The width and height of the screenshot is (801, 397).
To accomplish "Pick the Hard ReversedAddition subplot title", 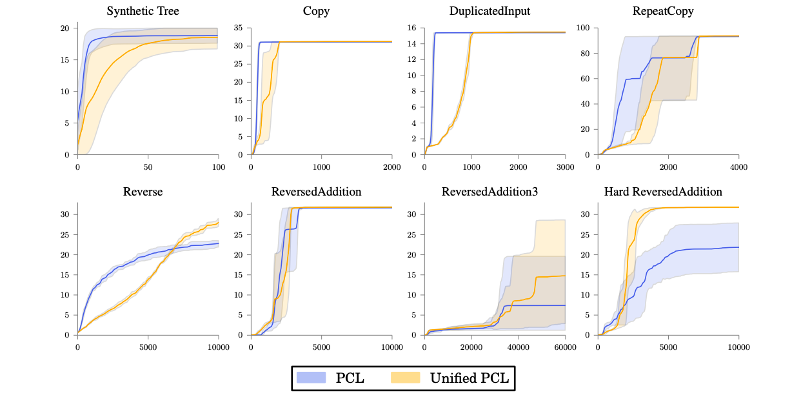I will pyautogui.click(x=663, y=192).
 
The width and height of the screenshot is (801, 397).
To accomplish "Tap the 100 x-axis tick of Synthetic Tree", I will pyautogui.click(x=218, y=166).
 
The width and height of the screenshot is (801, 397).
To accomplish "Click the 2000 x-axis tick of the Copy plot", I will pyautogui.click(x=392, y=166).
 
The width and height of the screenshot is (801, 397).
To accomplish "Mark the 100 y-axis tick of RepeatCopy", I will pyautogui.click(x=584, y=28).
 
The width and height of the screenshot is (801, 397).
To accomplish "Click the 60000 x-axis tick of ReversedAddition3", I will pyautogui.click(x=565, y=347).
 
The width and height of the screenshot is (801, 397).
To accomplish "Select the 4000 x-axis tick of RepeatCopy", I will pyautogui.click(x=738, y=166).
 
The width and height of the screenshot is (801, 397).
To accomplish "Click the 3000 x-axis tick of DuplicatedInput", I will pyautogui.click(x=565, y=166).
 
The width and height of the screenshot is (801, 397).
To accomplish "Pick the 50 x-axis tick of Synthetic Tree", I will pyautogui.click(x=148, y=166).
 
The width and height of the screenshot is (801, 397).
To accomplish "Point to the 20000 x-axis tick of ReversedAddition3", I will pyautogui.click(x=471, y=347).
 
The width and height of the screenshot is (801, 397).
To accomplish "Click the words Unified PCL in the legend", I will pyautogui.click(x=470, y=378).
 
